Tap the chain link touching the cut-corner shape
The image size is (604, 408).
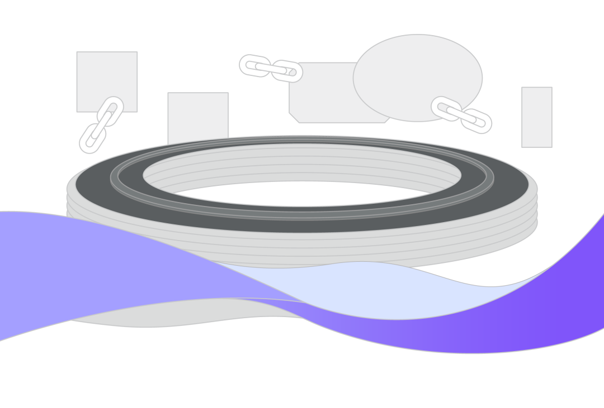coord(289,71)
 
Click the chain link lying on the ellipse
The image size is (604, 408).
coord(445,108)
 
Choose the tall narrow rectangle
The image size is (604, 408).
coord(537,117)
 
